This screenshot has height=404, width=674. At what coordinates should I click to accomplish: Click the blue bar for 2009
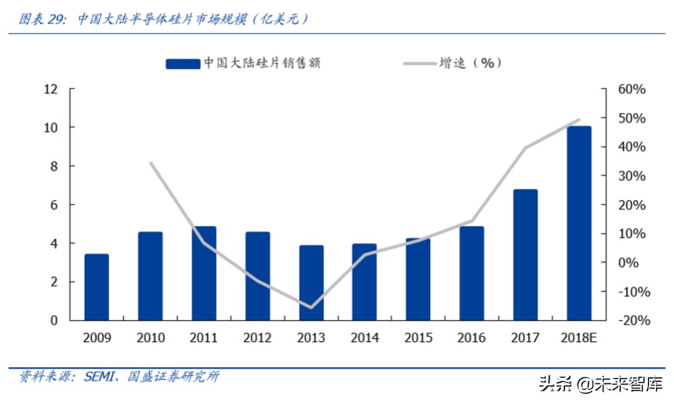(x=97, y=287)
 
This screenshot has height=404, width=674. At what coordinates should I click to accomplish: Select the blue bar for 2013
(x=311, y=282)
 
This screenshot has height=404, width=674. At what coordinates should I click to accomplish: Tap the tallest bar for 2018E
(x=579, y=223)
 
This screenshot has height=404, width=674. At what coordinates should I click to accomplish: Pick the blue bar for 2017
(x=526, y=255)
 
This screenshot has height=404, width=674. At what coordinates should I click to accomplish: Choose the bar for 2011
(x=204, y=273)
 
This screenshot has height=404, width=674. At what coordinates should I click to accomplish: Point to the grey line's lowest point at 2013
(x=311, y=308)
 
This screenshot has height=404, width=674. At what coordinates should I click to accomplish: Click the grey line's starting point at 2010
(x=151, y=163)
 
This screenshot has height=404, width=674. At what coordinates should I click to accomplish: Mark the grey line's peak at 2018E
(x=579, y=120)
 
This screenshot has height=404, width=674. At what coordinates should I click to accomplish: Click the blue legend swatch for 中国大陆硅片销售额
(x=182, y=64)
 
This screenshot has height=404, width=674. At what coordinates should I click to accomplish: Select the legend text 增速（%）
(x=469, y=64)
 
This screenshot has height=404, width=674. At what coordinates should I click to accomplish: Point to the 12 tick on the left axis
(x=51, y=89)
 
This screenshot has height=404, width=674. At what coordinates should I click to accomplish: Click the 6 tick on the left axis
(x=54, y=205)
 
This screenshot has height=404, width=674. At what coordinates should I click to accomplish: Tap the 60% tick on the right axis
(x=632, y=89)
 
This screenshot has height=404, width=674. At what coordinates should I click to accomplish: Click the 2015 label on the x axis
(x=418, y=338)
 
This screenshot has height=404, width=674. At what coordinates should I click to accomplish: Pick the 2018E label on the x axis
(x=579, y=338)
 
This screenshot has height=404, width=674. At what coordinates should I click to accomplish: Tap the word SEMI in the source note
(x=97, y=377)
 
